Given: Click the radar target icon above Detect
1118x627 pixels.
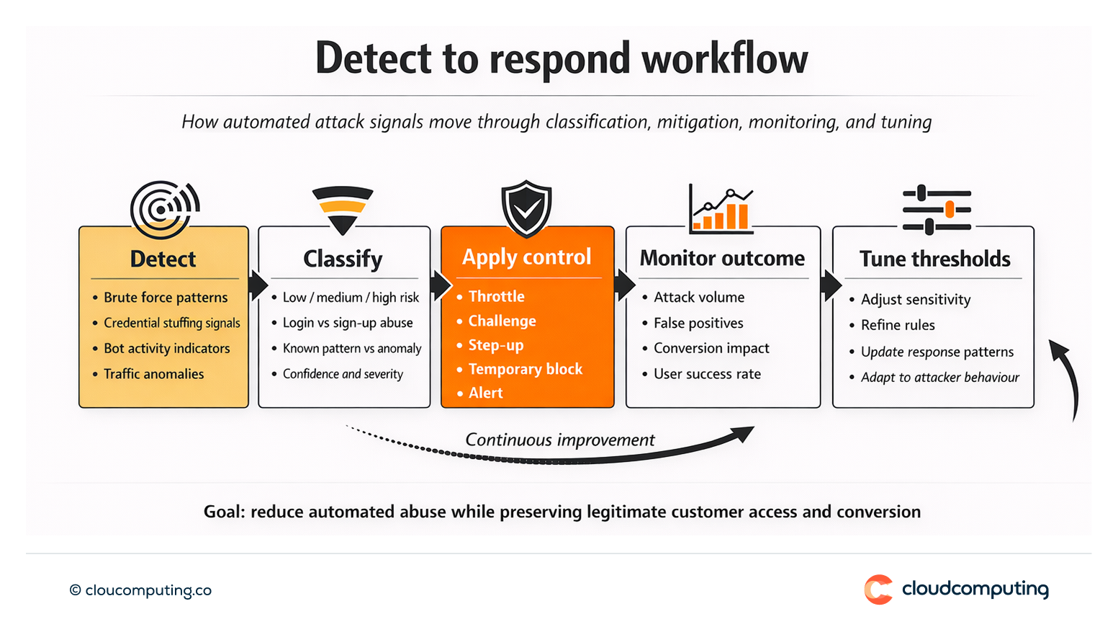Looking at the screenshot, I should (165, 209).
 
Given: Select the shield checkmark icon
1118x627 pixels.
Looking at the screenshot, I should (526, 208).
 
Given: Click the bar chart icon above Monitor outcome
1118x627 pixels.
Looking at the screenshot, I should (721, 210).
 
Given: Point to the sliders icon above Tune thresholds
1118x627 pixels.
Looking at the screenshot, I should (937, 210).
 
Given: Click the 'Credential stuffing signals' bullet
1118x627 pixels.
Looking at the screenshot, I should (171, 323).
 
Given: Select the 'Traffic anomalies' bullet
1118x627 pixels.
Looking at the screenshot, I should (153, 374).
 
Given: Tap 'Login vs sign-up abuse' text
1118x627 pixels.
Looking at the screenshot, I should (348, 323).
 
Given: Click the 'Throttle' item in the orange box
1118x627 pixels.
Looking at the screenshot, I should (496, 296).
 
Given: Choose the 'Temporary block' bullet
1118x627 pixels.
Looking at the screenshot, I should (525, 369).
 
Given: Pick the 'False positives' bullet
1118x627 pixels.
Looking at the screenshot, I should (698, 323).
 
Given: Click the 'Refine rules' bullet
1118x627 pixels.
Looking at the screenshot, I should (898, 325).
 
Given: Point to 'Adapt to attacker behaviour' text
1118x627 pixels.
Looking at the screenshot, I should (939, 378).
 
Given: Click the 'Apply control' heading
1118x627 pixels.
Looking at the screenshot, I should (526, 257).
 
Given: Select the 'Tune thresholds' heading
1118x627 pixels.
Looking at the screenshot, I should (934, 259).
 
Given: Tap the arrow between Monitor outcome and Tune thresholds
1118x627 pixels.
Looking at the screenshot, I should (830, 285).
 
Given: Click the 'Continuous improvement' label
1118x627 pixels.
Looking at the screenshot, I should (559, 440).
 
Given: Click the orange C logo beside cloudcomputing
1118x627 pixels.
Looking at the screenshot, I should (878, 590).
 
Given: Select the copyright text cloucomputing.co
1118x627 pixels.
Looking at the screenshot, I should (141, 590).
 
